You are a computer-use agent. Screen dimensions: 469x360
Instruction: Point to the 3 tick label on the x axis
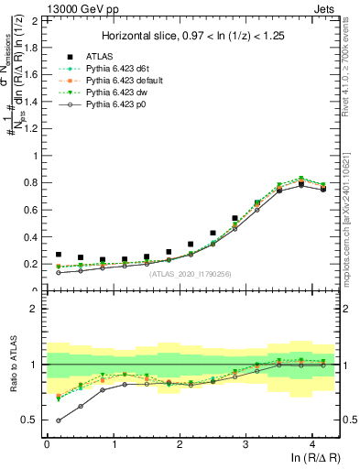[246, 444]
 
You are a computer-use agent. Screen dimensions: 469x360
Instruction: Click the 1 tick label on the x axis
[113, 444]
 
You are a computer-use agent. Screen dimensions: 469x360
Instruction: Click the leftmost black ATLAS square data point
[59, 255]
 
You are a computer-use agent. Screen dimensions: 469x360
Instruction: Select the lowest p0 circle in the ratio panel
[59, 420]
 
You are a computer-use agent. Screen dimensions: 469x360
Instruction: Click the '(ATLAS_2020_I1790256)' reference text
[190, 274]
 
